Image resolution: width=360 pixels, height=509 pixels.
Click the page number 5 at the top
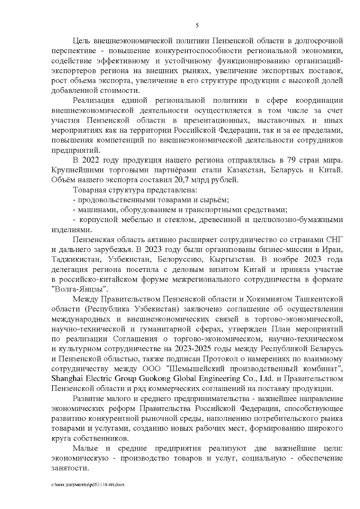click(197, 25)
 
